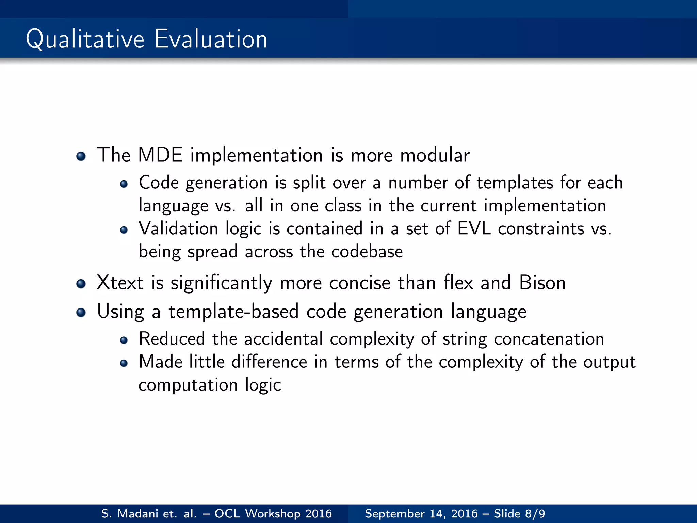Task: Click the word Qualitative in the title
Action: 85,39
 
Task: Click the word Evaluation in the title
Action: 211,39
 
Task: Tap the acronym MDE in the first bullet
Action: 160,155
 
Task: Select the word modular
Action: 435,155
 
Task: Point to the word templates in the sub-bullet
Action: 515,183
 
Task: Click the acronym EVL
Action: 474,228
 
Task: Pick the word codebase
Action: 367,252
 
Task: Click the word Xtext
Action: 120,283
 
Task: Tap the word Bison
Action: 542,283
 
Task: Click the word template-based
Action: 233,312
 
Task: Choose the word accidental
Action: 283,339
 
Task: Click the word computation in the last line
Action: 188,385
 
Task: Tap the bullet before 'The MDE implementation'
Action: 81,156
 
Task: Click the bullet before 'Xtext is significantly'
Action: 81,284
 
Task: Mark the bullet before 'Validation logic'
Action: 124,230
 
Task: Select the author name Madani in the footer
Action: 137,513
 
